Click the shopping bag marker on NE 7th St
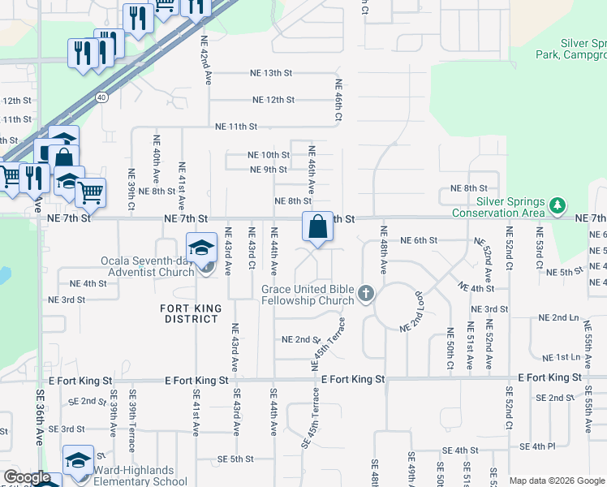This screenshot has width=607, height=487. (x=318, y=226)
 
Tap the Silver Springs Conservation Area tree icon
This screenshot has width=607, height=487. (x=557, y=205)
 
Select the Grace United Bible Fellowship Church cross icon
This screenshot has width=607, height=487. (x=365, y=293)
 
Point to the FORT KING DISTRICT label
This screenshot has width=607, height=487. (x=191, y=313)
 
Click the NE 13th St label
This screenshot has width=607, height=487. (x=272, y=73)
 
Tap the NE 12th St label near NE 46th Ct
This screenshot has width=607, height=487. (x=273, y=100)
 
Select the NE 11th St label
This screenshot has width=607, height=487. (x=235, y=127)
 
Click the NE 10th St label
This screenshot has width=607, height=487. (x=269, y=155)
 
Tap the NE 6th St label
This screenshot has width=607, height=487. (x=419, y=240)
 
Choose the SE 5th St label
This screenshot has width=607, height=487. (x=235, y=459)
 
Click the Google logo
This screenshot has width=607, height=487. (x=27, y=477)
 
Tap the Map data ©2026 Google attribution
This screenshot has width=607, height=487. (x=556, y=481)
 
